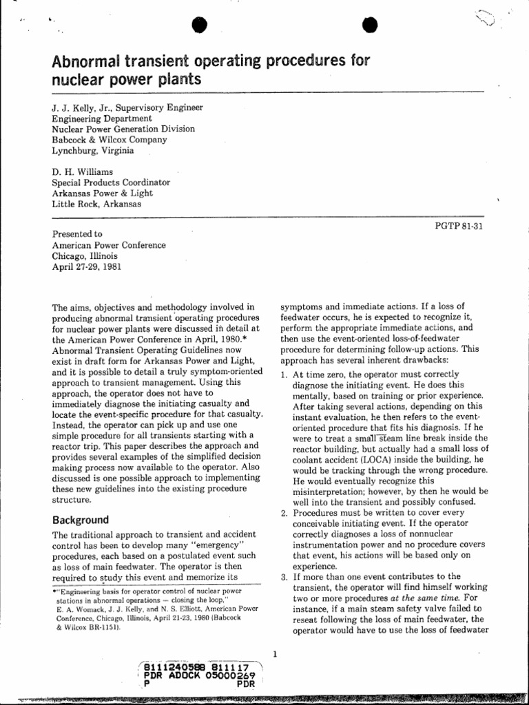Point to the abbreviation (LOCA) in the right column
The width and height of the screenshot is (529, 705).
pos(375,459)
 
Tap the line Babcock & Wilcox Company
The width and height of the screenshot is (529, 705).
pos(110,140)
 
